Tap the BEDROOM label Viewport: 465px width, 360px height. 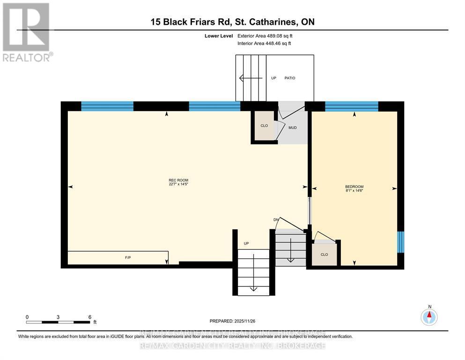354,187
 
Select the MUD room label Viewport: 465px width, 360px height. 293,127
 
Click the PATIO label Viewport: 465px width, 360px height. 290,78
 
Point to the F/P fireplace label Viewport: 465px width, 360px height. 127,258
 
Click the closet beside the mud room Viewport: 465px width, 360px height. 264,126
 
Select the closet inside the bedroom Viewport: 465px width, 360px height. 324,255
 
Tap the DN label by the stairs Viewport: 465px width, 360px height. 276,220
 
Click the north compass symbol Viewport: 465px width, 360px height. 429,316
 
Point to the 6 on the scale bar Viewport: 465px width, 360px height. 89,317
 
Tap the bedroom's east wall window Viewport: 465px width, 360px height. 400,241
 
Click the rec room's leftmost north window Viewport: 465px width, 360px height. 107,106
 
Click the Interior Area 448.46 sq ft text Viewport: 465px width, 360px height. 265,44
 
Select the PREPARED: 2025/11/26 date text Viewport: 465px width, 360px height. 232,321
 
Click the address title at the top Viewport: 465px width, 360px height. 232,22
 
